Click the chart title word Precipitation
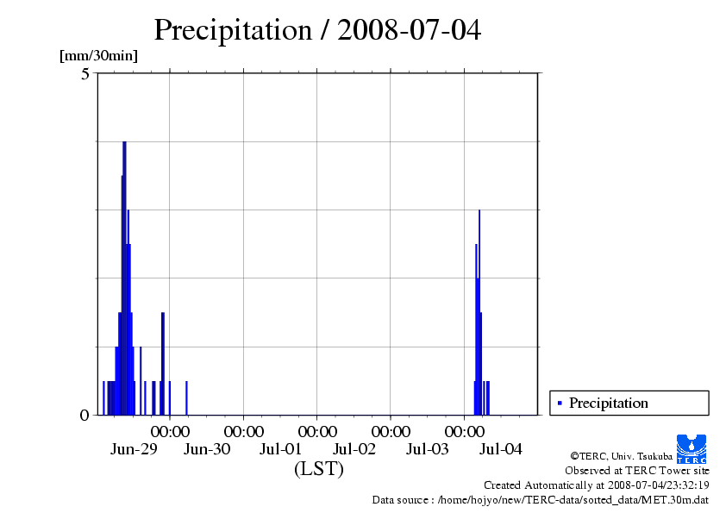[232, 30]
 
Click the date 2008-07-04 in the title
[410, 30]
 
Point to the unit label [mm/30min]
[98, 56]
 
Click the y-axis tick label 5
[85, 74]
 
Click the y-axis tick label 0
[84, 415]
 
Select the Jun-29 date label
[134, 448]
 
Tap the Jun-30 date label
[208, 448]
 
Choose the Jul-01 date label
[281, 448]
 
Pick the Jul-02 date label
[354, 448]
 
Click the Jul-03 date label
[428, 448]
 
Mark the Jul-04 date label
[501, 448]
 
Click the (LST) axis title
[319, 469]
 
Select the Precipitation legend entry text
[608, 403]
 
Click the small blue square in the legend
[560, 403]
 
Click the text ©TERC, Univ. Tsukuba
[622, 455]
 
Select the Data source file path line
[541, 499]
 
